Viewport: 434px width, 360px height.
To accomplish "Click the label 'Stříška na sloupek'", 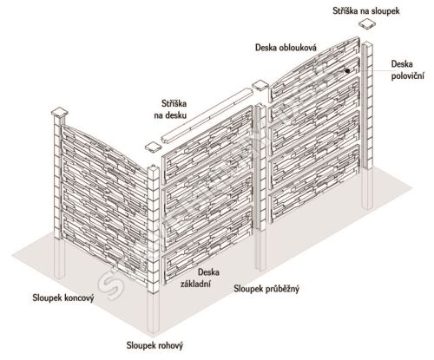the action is point(366,11).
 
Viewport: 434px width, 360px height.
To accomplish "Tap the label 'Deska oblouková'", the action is point(286,48).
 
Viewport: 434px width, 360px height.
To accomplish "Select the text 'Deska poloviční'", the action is point(407,70).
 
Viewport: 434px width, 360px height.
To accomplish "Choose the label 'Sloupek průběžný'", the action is point(266,289).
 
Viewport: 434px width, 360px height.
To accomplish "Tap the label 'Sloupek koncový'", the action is point(63,298).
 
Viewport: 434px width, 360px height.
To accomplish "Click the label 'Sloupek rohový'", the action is point(155,345).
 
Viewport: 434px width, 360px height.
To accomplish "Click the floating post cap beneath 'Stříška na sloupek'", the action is point(367,23).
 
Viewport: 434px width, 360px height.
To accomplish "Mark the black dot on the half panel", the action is point(347,70).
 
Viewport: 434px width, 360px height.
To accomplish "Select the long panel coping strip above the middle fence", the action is point(207,115).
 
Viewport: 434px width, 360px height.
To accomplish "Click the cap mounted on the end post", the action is point(60,113).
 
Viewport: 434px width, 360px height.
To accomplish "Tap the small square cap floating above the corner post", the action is point(153,147).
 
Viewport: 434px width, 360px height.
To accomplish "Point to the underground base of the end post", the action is point(59,259).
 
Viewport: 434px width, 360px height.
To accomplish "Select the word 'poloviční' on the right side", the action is point(407,76).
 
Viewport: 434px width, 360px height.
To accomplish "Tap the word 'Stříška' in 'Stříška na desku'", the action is point(174,103).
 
